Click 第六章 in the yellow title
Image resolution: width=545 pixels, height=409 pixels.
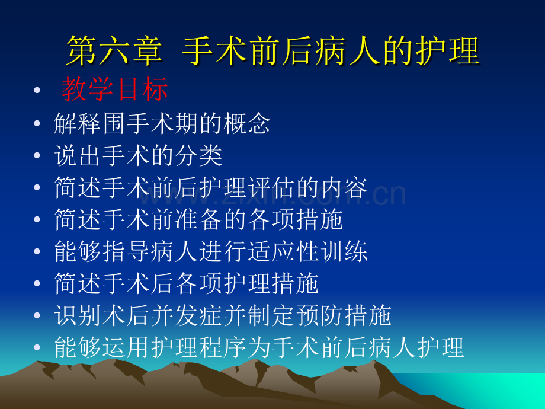click(114, 51)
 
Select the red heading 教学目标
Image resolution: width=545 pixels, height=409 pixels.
click(115, 90)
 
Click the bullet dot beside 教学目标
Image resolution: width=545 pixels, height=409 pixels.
click(37, 91)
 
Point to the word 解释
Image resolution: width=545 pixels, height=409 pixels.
click(78, 123)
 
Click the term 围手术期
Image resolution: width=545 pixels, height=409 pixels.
click(151, 123)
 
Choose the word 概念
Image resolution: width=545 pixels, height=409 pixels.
click(246, 123)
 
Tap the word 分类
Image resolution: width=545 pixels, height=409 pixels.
click(198, 155)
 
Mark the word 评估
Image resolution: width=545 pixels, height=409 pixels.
click(271, 187)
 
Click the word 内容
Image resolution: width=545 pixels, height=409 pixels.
click(344, 187)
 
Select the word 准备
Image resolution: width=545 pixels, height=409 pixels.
click(198, 219)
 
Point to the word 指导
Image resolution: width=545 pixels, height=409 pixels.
click(127, 251)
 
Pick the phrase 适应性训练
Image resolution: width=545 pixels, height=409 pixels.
click(307, 251)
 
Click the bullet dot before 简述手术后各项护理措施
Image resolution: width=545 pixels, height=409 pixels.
click(37, 283)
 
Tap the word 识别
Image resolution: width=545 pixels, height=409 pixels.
click(78, 316)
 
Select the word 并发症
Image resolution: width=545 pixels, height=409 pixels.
click(187, 316)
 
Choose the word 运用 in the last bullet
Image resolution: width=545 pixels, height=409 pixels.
click(127, 348)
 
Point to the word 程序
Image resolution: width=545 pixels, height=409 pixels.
click(223, 348)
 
